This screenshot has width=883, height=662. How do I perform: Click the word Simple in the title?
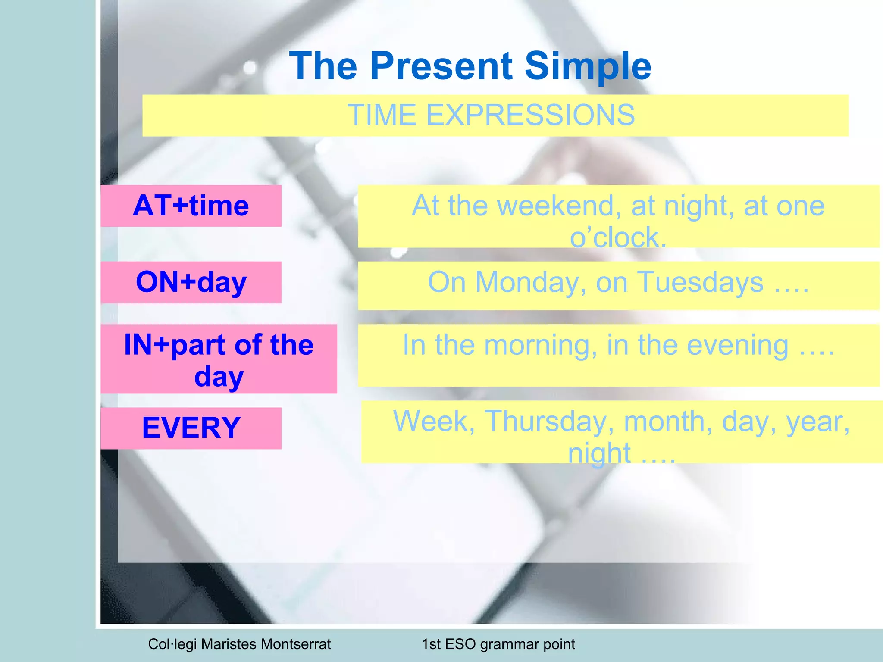coord(587,66)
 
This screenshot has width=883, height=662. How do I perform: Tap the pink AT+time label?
coord(191,206)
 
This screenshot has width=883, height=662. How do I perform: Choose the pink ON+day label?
coord(191,282)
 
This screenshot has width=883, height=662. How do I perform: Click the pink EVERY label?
coord(191,428)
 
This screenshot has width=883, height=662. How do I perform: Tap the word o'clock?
coord(618,237)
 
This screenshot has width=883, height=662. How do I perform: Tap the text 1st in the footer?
coord(431,644)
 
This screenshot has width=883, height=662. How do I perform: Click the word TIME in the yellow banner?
coord(382,116)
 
